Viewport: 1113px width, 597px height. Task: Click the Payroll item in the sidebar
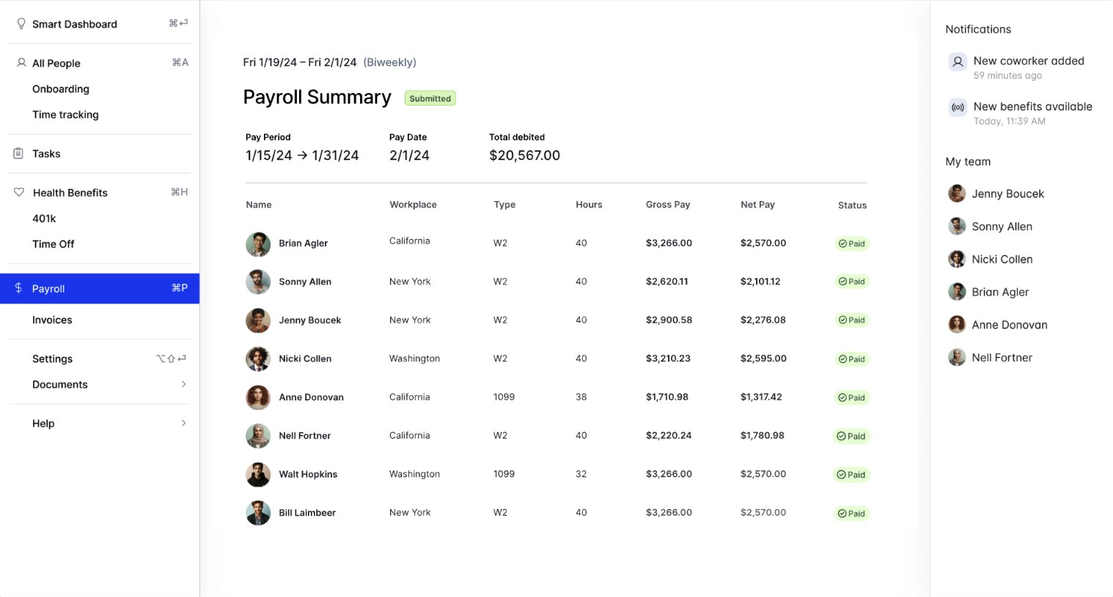coord(48,288)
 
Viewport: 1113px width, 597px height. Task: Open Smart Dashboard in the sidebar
coord(74,24)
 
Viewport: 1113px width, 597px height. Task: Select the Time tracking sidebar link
coord(65,114)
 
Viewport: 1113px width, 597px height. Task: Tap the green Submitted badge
coord(430,98)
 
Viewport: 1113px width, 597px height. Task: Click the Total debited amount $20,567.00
coord(524,155)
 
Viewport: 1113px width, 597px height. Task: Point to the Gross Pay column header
coord(667,205)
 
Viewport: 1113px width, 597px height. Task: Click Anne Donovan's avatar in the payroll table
coord(258,397)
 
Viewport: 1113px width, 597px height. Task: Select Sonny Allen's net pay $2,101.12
coord(760,282)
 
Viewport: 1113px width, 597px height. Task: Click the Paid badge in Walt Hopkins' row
coord(851,475)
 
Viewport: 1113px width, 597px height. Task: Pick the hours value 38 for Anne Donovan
coord(581,397)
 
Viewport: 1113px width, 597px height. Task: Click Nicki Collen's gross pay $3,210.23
coord(668,359)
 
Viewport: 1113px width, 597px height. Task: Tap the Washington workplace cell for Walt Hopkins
coord(414,474)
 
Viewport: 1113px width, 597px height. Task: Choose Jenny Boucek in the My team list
coord(1007,194)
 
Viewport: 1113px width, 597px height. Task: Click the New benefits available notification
coord(1032,106)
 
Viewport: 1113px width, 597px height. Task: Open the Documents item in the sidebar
coord(60,384)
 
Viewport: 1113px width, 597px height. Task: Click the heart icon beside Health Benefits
coord(19,192)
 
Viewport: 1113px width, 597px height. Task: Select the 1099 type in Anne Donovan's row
coord(504,397)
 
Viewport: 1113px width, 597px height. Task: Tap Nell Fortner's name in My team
coord(1002,357)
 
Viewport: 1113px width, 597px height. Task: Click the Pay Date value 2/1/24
coord(409,155)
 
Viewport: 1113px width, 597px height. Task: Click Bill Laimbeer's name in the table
coord(307,513)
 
